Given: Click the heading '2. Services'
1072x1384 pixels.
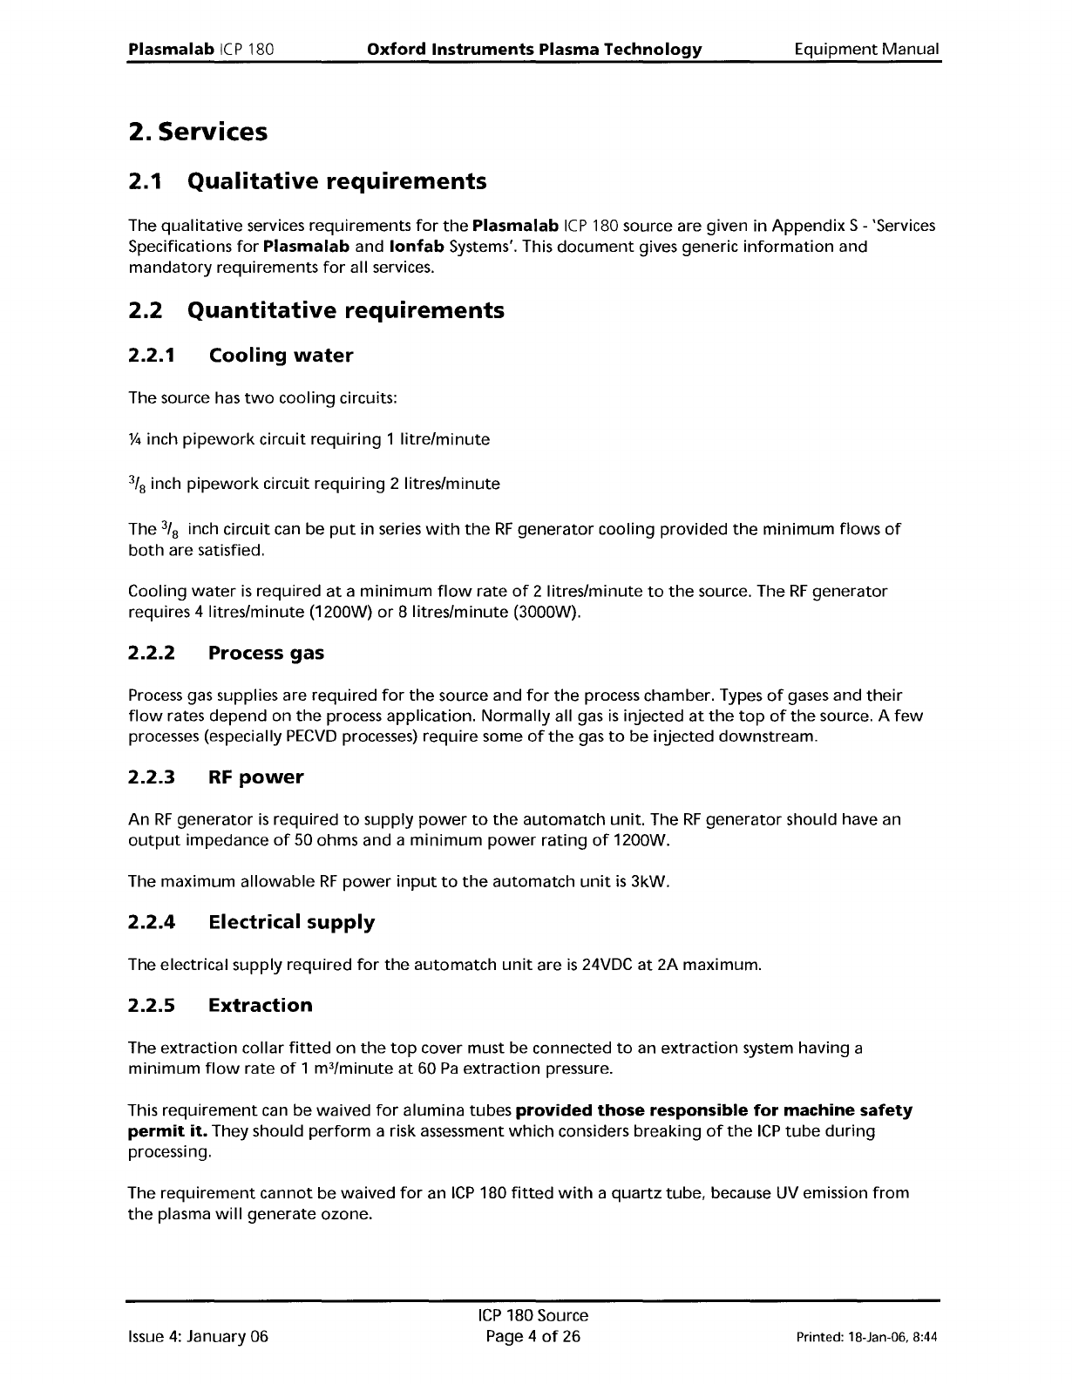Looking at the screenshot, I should (x=197, y=132).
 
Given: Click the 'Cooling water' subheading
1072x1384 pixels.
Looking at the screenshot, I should (x=281, y=356).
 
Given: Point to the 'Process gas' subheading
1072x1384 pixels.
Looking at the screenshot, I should (x=266, y=654).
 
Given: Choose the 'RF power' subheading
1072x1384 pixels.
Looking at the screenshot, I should (x=256, y=777).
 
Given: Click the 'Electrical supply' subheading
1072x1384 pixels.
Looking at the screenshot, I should (x=291, y=922).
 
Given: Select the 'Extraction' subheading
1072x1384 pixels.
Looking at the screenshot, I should (x=260, y=1006).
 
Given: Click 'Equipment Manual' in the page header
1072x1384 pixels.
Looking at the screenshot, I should (x=867, y=49).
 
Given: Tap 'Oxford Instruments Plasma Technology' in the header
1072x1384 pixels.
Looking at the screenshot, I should (x=534, y=49).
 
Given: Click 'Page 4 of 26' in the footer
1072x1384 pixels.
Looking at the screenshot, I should (x=534, y=1337).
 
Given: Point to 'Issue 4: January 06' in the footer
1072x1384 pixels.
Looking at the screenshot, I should (x=198, y=1337).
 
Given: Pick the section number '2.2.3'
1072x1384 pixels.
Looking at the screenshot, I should (x=152, y=777).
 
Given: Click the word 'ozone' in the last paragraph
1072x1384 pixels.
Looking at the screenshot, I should (x=346, y=1214).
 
